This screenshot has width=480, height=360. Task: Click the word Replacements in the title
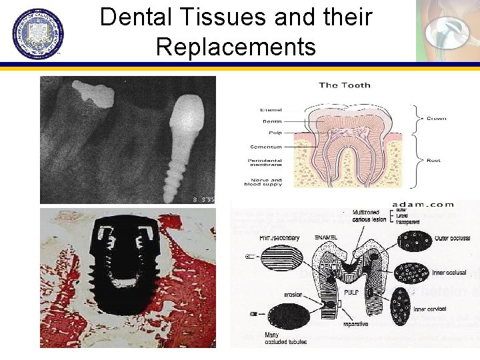pos(235,47)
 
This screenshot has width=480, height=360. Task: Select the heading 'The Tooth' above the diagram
pos(345,85)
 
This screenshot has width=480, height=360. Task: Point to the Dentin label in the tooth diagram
pos(272,122)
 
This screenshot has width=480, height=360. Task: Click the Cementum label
pos(267,147)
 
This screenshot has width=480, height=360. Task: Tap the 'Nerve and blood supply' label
pos(263,183)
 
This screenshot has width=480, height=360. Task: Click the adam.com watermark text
pos(423,205)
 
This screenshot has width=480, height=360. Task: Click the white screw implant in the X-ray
pos(185,143)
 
